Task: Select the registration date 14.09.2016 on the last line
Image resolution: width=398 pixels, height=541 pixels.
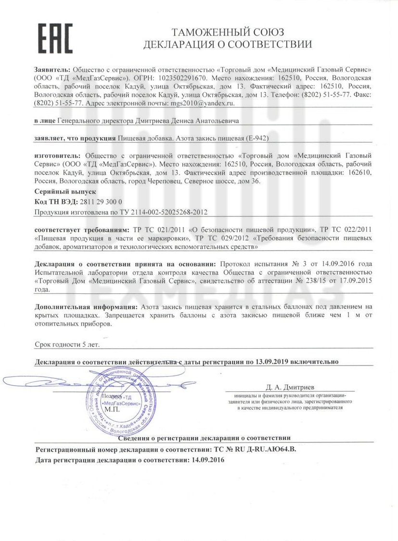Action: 207,460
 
